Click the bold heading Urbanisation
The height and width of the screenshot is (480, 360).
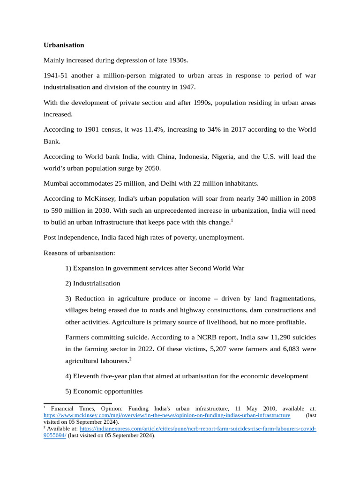(64, 45)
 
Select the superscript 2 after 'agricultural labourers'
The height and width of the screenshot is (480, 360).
(130, 359)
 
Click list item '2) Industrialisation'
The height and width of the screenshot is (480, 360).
(93, 283)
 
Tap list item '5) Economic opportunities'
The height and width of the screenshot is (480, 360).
(104, 391)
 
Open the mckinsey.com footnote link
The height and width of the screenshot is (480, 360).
(167, 415)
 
